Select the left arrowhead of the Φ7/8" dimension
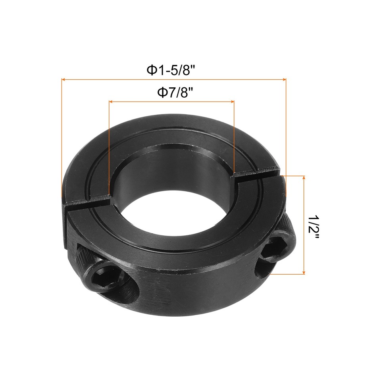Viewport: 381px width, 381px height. pos(111,102)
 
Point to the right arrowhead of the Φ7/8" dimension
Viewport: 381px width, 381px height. pos(233,102)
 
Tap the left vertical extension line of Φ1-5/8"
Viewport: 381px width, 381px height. pos(62,139)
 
